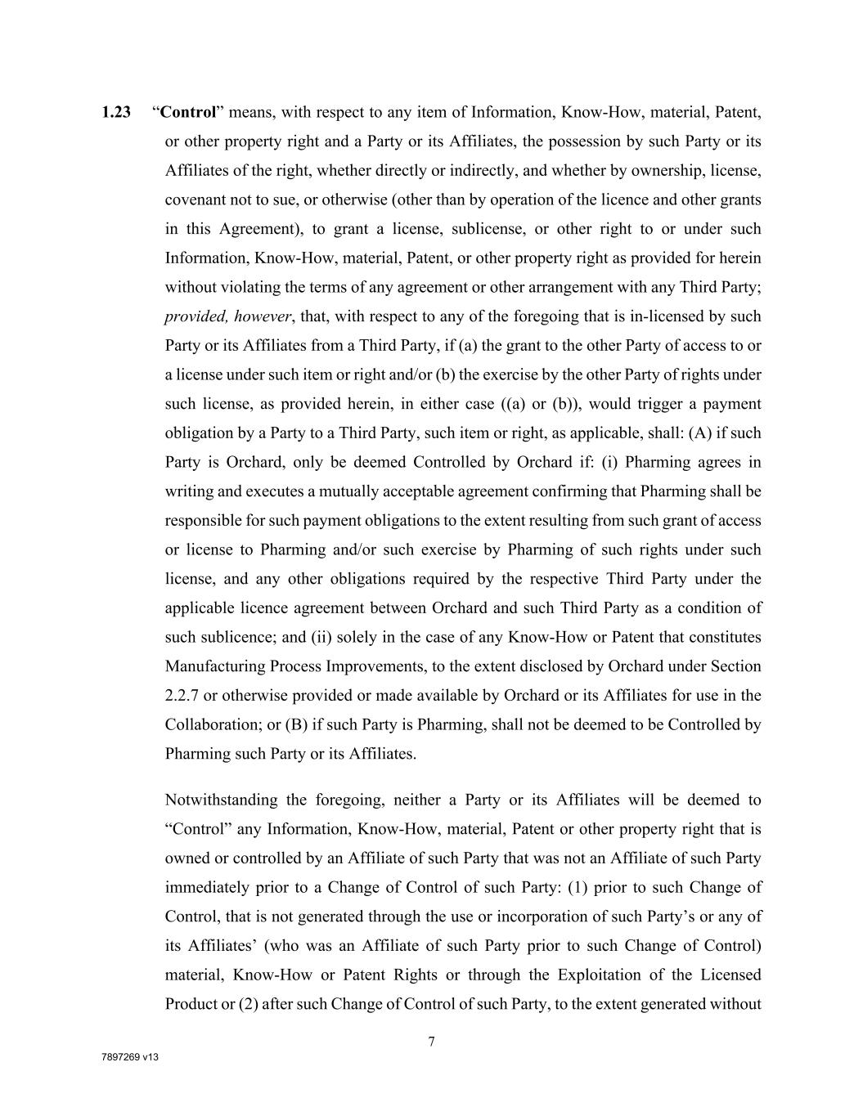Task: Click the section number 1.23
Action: click(x=116, y=113)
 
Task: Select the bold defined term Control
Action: click(x=187, y=113)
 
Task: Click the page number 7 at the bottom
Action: click(x=431, y=1042)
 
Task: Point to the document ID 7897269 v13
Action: click(x=129, y=1057)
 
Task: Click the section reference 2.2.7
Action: click(x=182, y=696)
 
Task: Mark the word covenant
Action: click(x=196, y=200)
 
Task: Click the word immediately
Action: click(x=205, y=888)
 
